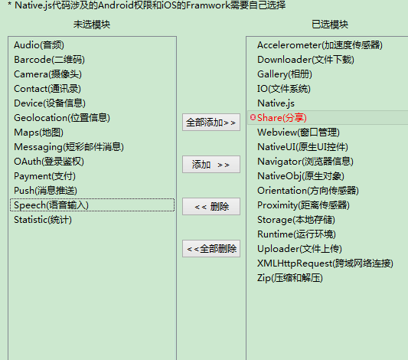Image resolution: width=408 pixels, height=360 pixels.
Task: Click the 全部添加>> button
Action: click(x=211, y=122)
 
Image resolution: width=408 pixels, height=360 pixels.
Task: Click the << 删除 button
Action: click(x=211, y=207)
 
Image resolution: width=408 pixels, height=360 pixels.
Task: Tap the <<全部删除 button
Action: click(x=211, y=249)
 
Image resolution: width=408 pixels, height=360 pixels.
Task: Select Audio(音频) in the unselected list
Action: click(x=39, y=45)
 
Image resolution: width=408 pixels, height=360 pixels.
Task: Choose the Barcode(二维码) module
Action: click(x=49, y=60)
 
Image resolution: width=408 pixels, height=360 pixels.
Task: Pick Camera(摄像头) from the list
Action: click(x=47, y=74)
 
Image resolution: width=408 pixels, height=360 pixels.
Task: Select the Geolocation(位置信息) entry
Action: click(x=62, y=118)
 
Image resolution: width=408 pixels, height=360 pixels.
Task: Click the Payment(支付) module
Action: click(x=44, y=176)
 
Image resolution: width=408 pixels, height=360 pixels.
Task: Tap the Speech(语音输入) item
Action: click(x=51, y=205)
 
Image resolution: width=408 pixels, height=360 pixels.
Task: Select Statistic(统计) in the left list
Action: click(x=43, y=220)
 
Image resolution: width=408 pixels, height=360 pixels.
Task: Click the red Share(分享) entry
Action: click(x=282, y=118)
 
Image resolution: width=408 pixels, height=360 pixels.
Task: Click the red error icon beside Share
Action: click(x=253, y=117)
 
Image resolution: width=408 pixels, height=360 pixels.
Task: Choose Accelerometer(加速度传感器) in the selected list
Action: click(x=320, y=45)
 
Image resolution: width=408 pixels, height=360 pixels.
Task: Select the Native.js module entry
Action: click(x=276, y=103)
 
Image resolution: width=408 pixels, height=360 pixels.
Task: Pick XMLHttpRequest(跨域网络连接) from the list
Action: click(x=325, y=263)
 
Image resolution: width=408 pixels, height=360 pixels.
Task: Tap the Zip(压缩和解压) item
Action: click(x=290, y=278)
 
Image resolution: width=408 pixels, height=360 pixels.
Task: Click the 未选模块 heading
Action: click(x=92, y=25)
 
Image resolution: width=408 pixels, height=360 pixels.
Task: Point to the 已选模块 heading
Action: click(x=330, y=25)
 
